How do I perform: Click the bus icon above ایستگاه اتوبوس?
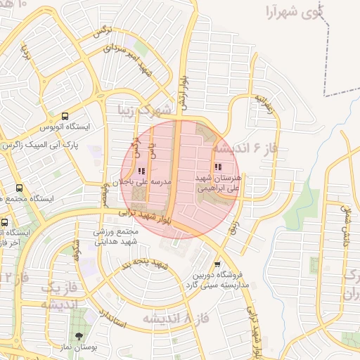point(65,117)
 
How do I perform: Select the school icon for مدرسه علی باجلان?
point(141,170)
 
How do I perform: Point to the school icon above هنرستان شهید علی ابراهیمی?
point(217,167)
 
